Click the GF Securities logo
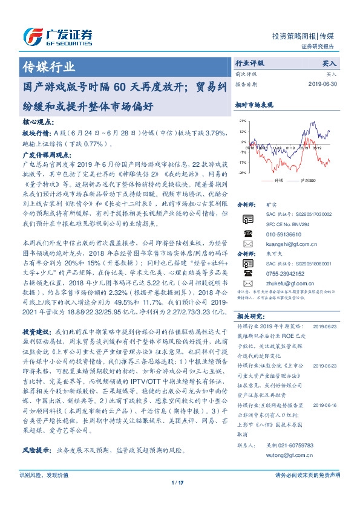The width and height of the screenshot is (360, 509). (57, 35)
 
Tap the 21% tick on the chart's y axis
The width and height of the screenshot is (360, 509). (242, 121)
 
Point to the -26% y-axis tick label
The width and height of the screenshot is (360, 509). (242, 173)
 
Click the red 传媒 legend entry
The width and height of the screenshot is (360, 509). (275, 180)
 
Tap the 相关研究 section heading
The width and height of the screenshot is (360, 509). (249, 316)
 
